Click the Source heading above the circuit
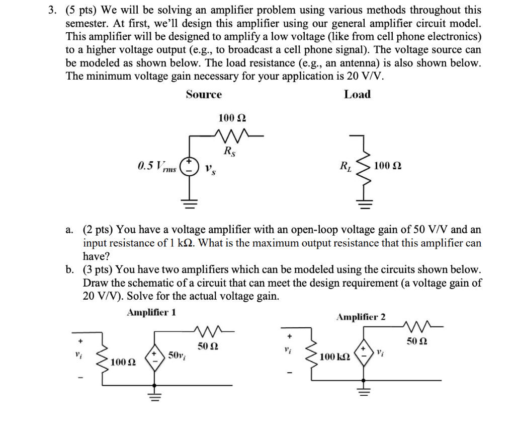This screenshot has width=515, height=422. coord(204,94)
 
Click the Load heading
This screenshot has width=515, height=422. coord(357,94)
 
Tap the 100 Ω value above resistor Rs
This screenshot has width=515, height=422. coord(232,118)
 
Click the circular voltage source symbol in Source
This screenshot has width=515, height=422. coord(190,166)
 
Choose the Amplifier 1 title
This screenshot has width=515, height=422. coord(151,312)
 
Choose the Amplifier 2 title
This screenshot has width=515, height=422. coord(361,317)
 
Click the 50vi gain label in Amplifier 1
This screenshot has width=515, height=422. coord(176,356)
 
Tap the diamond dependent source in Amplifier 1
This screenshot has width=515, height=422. coord(154,359)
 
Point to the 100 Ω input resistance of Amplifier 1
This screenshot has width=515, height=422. coord(123,362)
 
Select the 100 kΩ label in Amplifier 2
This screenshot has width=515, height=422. coord(336,357)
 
